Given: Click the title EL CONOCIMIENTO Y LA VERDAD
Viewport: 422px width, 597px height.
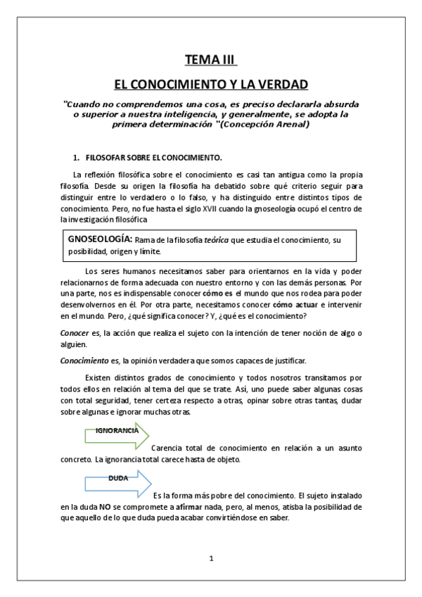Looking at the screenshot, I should coord(211,84).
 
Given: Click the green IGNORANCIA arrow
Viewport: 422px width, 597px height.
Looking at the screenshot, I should coord(117,434).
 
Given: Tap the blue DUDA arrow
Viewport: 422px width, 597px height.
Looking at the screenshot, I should coord(117,482).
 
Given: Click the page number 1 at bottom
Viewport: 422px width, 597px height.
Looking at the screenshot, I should coord(210,558).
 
